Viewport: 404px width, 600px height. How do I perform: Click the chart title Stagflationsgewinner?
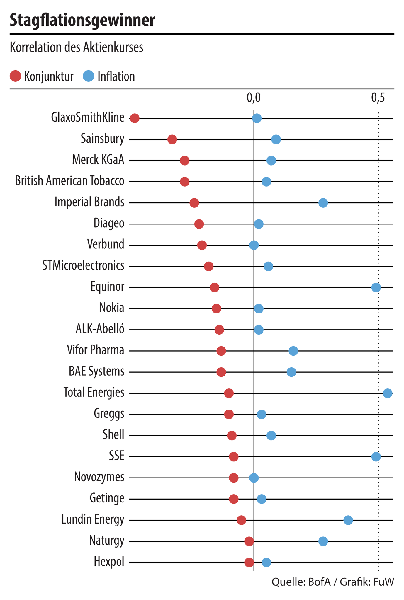click(x=82, y=21)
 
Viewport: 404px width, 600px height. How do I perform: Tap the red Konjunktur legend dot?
click(x=15, y=76)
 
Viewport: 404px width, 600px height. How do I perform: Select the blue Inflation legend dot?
click(x=88, y=76)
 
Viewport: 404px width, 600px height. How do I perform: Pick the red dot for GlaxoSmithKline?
click(x=135, y=119)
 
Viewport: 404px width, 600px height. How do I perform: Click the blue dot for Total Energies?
click(x=388, y=393)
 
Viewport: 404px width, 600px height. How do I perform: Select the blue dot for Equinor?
click(x=376, y=288)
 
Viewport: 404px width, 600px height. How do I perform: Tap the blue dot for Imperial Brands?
click(x=323, y=203)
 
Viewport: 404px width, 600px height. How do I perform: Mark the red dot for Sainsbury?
click(x=172, y=140)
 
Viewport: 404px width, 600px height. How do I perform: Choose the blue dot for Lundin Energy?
click(x=348, y=520)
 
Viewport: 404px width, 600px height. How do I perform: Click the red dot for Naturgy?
click(x=249, y=541)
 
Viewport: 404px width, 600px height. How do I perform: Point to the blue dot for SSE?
click(x=376, y=457)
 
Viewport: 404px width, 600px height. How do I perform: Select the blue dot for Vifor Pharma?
click(x=293, y=351)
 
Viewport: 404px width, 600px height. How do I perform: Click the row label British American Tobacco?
click(x=70, y=181)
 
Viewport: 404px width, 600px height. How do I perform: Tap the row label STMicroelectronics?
click(x=83, y=266)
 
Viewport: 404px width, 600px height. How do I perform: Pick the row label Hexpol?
click(x=109, y=562)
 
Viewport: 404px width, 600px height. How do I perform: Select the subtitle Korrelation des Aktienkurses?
click(x=77, y=47)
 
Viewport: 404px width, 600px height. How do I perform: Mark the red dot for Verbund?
click(x=202, y=246)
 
